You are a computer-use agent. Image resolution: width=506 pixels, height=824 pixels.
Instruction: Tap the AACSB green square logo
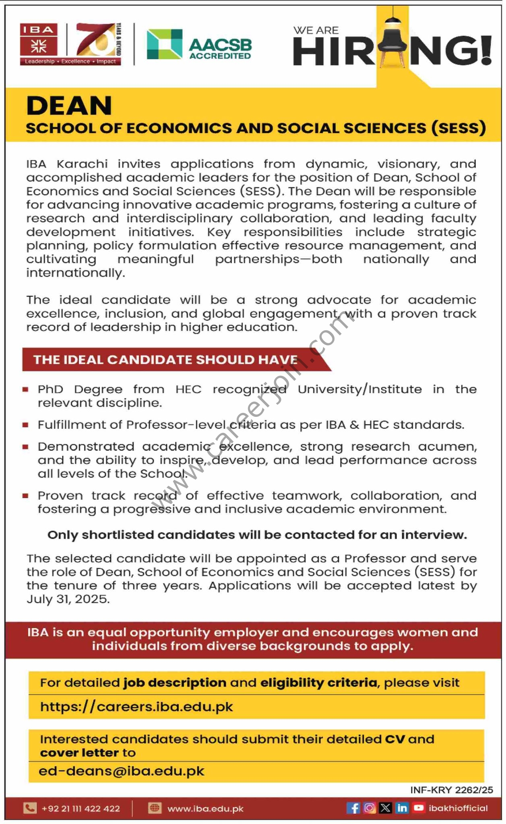(x=164, y=44)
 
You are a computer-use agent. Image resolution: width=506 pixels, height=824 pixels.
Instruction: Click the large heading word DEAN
(x=69, y=106)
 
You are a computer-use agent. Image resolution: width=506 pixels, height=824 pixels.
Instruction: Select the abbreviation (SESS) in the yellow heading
(x=458, y=128)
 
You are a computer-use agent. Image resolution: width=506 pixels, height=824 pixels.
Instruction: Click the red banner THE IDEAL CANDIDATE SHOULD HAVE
(x=165, y=359)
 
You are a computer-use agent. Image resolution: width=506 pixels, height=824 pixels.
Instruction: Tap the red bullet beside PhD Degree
(x=25, y=389)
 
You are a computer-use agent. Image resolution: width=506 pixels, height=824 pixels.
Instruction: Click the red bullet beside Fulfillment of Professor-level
(x=25, y=424)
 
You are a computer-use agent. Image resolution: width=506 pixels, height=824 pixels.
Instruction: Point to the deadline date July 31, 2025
(x=68, y=599)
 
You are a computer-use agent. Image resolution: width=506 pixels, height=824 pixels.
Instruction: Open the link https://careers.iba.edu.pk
(x=136, y=707)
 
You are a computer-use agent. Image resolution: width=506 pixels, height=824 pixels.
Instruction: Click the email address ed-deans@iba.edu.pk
(x=122, y=771)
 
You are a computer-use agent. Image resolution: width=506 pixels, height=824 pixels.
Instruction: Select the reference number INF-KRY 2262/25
(x=451, y=790)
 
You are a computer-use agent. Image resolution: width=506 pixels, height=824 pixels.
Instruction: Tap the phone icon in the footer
(x=30, y=808)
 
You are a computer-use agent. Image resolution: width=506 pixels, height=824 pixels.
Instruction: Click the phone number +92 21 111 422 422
(x=81, y=808)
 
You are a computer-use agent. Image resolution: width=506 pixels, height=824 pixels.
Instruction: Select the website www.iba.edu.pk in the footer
(x=205, y=808)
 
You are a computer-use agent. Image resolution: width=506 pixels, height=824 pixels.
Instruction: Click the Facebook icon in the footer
(x=353, y=808)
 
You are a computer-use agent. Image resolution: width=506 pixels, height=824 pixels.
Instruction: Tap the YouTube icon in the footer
(x=419, y=808)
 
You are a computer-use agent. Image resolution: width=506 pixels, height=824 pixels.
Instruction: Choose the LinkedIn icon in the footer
(x=402, y=808)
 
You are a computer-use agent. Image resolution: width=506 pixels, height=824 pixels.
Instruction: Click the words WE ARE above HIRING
(x=316, y=30)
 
